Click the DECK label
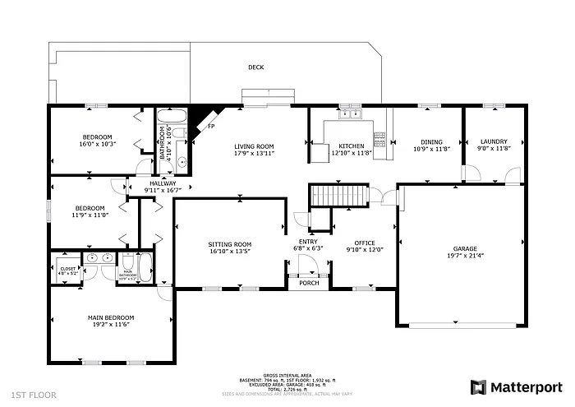tap(255, 67)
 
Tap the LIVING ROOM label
tap(254, 146)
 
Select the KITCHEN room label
tap(352, 146)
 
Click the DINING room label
tap(431, 141)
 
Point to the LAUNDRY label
tap(494, 141)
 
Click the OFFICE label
tap(364, 243)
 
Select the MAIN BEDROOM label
tap(111, 317)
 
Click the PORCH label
tap(309, 283)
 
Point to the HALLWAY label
tap(162, 183)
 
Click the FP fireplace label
tap(211, 126)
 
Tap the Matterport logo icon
tap(478, 386)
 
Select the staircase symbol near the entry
tap(336, 197)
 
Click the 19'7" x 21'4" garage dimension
tap(465, 255)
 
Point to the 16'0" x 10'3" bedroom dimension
tap(98, 143)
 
